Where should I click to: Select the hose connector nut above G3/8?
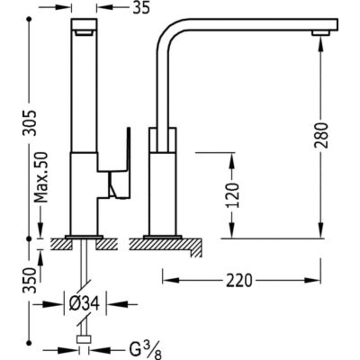[x=84, y=340]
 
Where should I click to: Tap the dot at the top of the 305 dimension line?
[x=29, y=18]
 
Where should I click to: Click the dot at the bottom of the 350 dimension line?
[x=29, y=342]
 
